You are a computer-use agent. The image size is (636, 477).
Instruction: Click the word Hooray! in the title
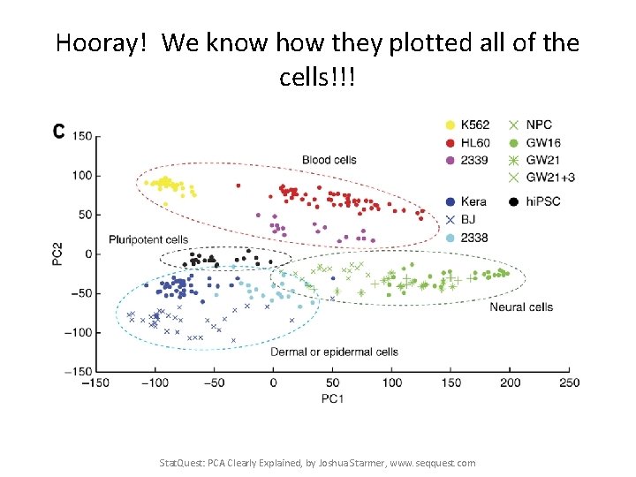[x=104, y=42]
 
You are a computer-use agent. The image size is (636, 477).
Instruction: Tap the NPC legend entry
[x=540, y=125]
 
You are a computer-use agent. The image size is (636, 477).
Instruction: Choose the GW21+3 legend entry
[x=549, y=178]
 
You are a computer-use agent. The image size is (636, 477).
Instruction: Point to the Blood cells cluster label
[x=329, y=160]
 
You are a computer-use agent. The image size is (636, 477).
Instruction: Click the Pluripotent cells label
[x=148, y=239]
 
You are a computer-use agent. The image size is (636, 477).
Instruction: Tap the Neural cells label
[x=521, y=307]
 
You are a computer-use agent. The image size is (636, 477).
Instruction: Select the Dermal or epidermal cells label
[x=334, y=352]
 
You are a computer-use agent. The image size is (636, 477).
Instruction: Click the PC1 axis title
[x=333, y=399]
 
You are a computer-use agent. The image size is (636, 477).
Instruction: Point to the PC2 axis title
[x=57, y=253]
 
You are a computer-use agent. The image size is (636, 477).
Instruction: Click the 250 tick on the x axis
[x=569, y=382]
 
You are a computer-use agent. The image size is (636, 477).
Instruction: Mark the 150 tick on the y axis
[x=82, y=136]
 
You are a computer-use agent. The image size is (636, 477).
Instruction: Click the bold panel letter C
[x=58, y=131]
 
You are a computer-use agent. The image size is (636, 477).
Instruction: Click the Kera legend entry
[x=473, y=201]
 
